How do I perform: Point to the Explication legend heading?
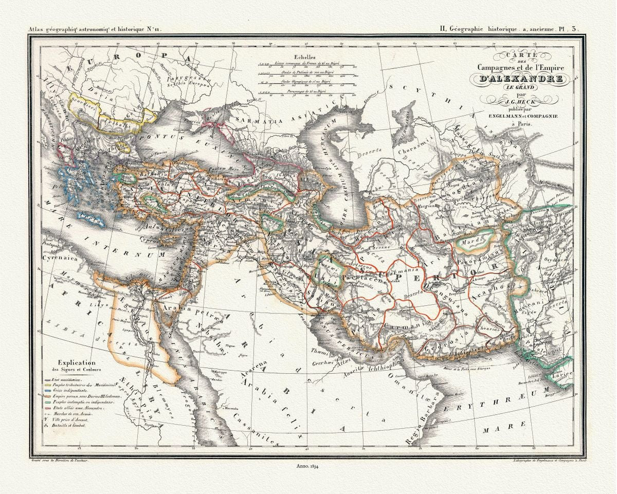pos(79,362)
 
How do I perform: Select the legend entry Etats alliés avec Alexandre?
pos(74,408)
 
